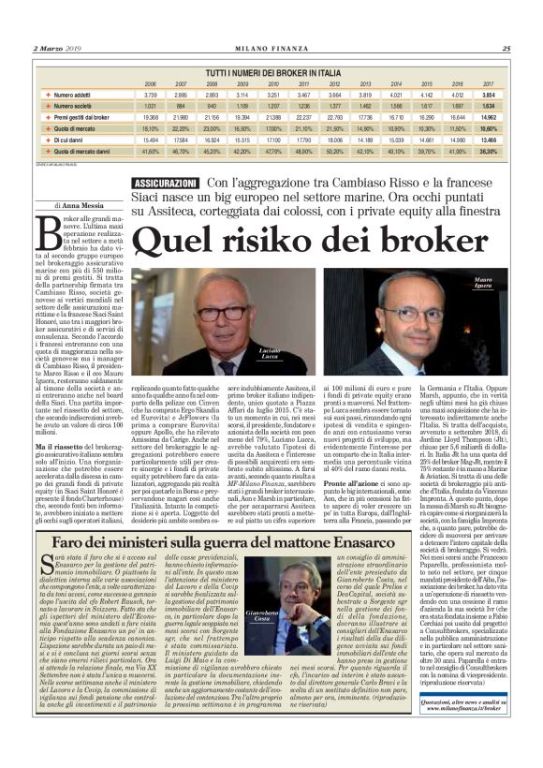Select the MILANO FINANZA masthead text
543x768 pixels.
point(271,49)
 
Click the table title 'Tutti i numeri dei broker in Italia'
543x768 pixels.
point(271,71)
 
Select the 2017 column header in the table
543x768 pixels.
point(488,82)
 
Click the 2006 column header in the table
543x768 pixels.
point(150,82)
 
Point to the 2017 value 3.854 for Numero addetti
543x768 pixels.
point(488,96)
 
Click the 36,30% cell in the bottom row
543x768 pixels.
point(488,150)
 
